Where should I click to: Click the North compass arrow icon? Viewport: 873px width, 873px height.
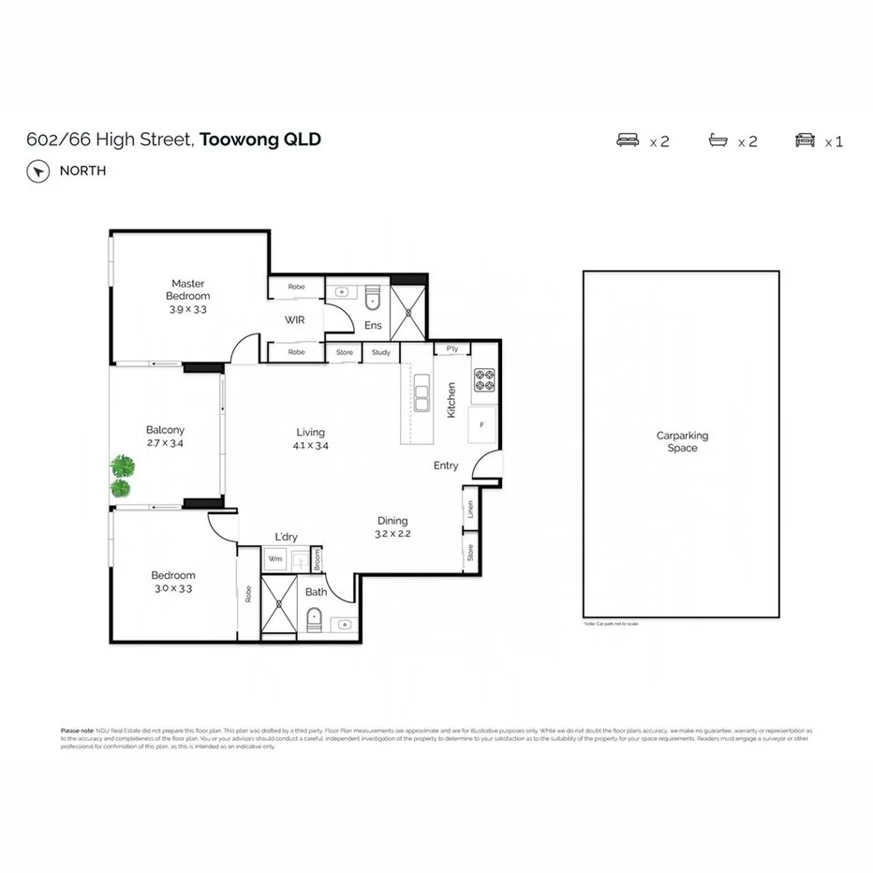[37, 171]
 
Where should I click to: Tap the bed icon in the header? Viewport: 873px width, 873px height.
[627, 141]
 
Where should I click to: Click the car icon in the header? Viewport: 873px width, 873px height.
[805, 141]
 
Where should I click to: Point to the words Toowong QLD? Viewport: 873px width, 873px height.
[261, 140]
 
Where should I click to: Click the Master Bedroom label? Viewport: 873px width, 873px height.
[188, 289]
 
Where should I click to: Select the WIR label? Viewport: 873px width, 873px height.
[296, 319]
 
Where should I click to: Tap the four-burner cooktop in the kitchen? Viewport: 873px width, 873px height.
[484, 379]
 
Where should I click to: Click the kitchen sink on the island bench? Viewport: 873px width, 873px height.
[422, 392]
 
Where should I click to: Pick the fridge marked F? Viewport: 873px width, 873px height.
[482, 424]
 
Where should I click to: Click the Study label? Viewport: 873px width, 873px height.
[380, 352]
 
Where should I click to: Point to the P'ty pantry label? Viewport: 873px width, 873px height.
[452, 349]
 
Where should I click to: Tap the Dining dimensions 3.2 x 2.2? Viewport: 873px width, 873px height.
[393, 534]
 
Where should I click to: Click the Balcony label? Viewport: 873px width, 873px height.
[165, 430]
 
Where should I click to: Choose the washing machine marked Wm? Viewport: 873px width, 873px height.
[275, 559]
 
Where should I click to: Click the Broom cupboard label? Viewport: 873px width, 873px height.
[318, 559]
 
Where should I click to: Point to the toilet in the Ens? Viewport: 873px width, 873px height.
[373, 297]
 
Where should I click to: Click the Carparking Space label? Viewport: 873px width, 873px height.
[682, 441]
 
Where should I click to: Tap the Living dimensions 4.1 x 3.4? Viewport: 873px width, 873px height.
[310, 446]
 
